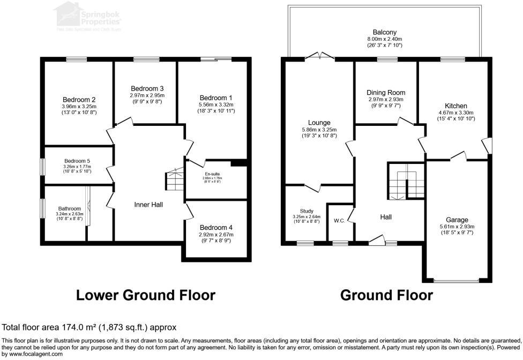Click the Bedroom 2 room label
79,100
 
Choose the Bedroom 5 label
78,161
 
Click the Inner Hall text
148,205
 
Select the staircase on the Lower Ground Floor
174,179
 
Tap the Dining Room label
386,93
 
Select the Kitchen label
455,106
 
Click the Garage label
457,220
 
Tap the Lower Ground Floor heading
146,295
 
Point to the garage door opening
457,280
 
